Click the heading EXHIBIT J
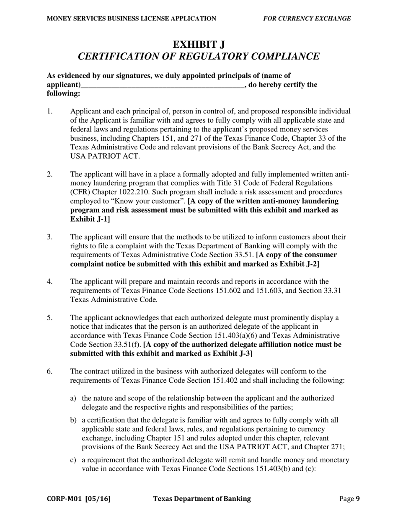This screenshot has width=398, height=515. (199, 45)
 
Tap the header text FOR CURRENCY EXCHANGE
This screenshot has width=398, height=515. (307, 18)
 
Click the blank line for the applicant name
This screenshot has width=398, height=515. (162, 85)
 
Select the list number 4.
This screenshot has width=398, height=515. (49, 281)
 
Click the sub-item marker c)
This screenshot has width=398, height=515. (73, 460)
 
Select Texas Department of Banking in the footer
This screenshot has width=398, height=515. (202, 499)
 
